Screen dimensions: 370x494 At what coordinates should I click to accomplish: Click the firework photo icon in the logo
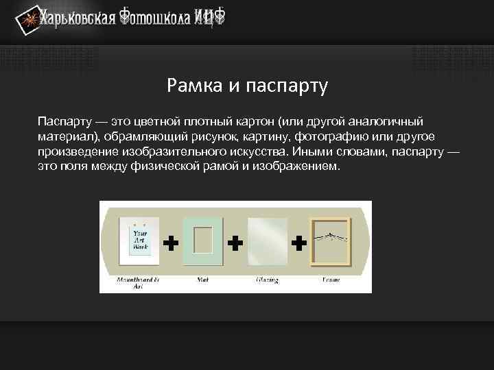pyautogui.click(x=27, y=23)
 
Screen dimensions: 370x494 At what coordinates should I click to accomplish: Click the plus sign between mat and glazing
pyautogui.click(x=235, y=242)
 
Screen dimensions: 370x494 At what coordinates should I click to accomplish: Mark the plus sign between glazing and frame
pyautogui.click(x=298, y=242)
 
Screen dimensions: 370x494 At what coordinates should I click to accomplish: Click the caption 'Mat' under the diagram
pyautogui.click(x=203, y=280)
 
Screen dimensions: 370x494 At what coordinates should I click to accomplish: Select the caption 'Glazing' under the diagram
pyautogui.click(x=266, y=280)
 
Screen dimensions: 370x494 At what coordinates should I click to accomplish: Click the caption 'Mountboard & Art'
pyautogui.click(x=138, y=283)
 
